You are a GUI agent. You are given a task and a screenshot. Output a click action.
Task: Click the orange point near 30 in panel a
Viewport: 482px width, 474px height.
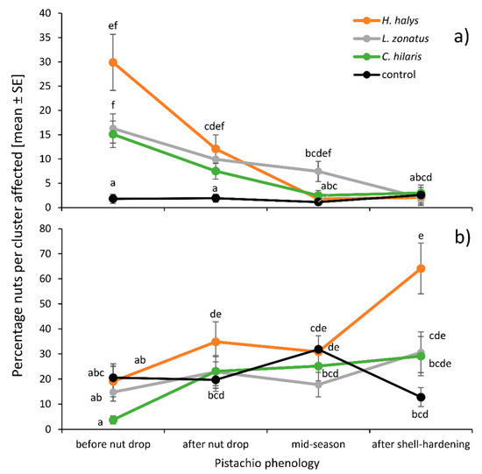[x=112, y=62]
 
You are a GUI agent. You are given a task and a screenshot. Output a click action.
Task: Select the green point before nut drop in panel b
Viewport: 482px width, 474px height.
[x=112, y=420]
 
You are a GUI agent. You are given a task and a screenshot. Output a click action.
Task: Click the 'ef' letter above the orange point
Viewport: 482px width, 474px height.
[x=112, y=26]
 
